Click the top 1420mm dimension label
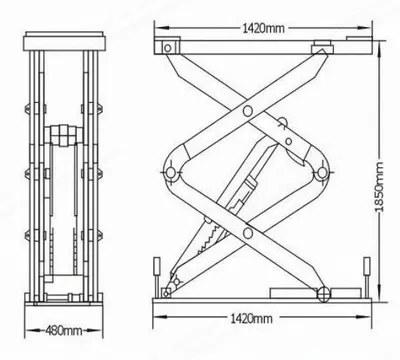pos(263,28)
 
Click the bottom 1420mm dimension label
pos(251,319)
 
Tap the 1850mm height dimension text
pos(379,187)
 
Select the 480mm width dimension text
pos(64,331)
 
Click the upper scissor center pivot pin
pos(248,111)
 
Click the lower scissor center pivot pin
pos(248,233)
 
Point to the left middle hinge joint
pos(170,172)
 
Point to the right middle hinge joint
pos(322,173)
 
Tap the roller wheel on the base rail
pos(323,293)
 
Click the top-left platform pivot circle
pos(168,48)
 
